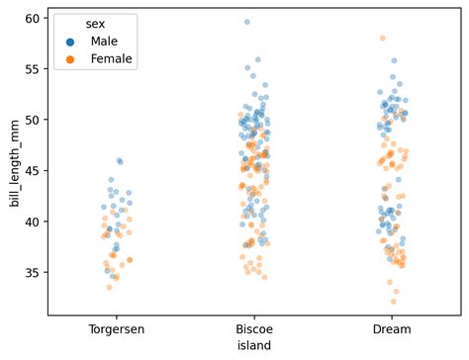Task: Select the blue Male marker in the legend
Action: point(70,42)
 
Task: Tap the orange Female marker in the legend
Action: point(70,59)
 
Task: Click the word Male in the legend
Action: point(103,42)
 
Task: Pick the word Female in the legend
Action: point(111,59)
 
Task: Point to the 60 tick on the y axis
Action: point(33,19)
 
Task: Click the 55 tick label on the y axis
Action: point(33,69)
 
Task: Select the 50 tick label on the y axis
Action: point(33,120)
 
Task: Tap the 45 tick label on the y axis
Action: point(33,170)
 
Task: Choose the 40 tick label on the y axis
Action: point(33,222)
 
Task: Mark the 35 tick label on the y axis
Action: point(33,272)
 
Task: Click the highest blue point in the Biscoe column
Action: point(247,22)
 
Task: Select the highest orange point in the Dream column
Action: point(382,39)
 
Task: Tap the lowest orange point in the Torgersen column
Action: point(110,287)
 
